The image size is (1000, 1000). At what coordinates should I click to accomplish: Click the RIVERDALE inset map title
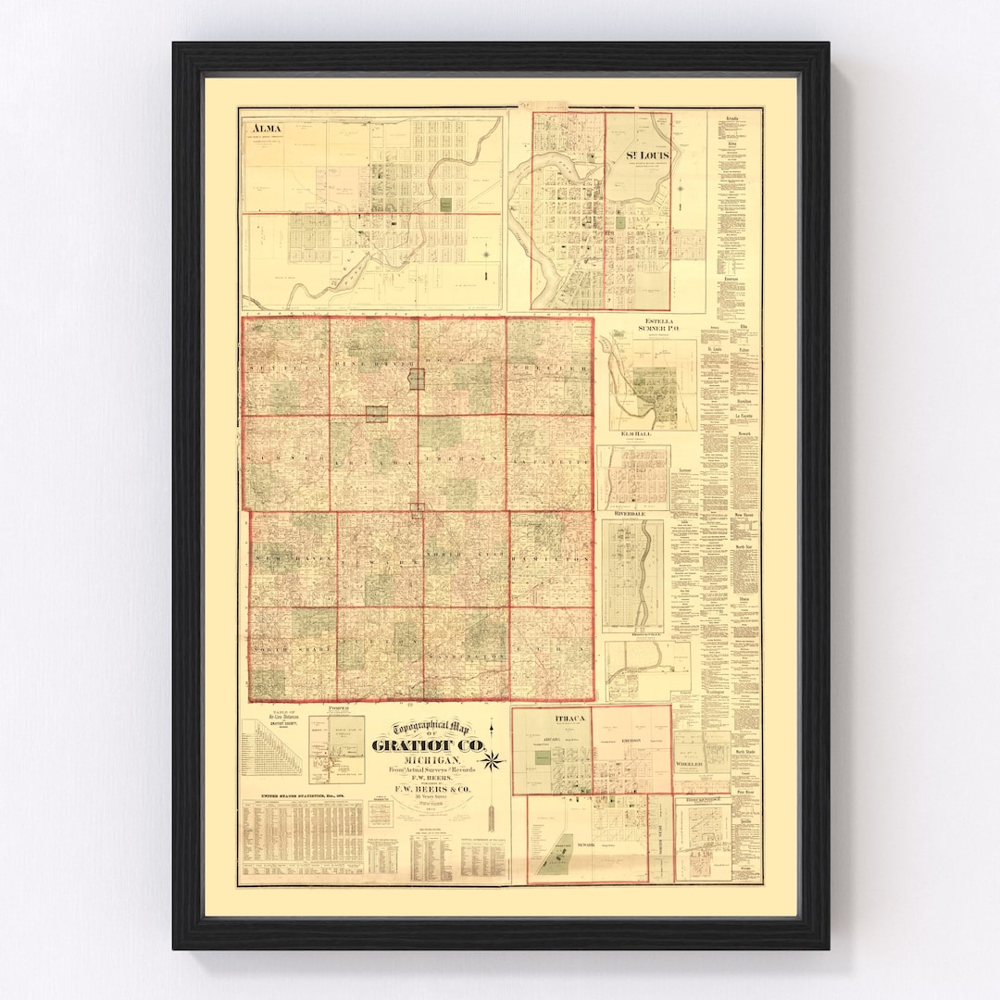(633, 510)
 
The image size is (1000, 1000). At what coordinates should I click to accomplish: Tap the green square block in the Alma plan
(447, 204)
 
